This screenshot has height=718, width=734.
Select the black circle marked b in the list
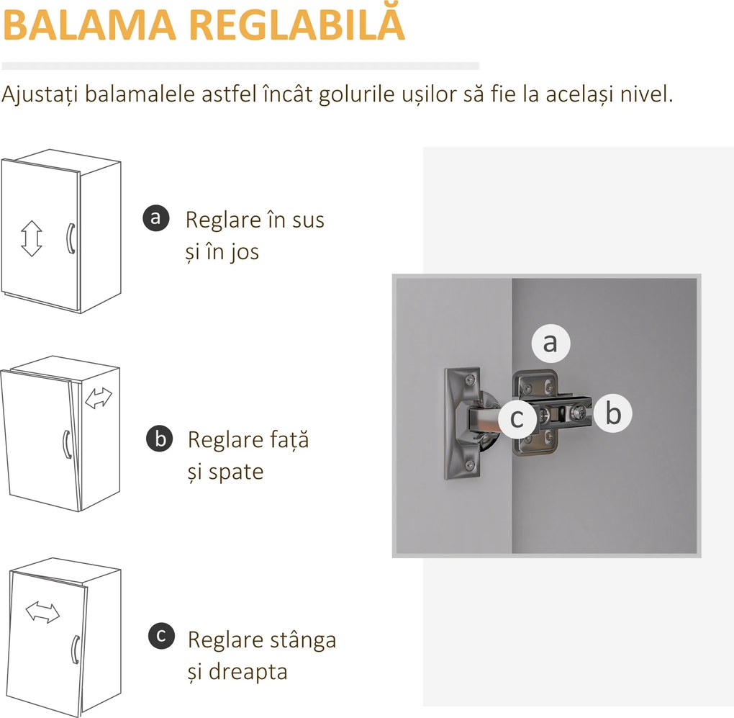coord(159,439)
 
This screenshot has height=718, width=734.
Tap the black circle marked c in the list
coord(160,636)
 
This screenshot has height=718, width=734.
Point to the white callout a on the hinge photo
coord(550,344)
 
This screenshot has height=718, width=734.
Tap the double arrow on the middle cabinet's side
coord(99,397)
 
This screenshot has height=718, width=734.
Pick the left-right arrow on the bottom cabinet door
coord(42,612)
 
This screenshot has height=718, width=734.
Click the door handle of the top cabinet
coord(70,238)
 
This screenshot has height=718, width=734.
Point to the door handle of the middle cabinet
coord(65,444)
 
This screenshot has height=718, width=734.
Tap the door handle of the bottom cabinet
coord(74,650)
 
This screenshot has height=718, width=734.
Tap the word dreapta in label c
coord(248,672)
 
